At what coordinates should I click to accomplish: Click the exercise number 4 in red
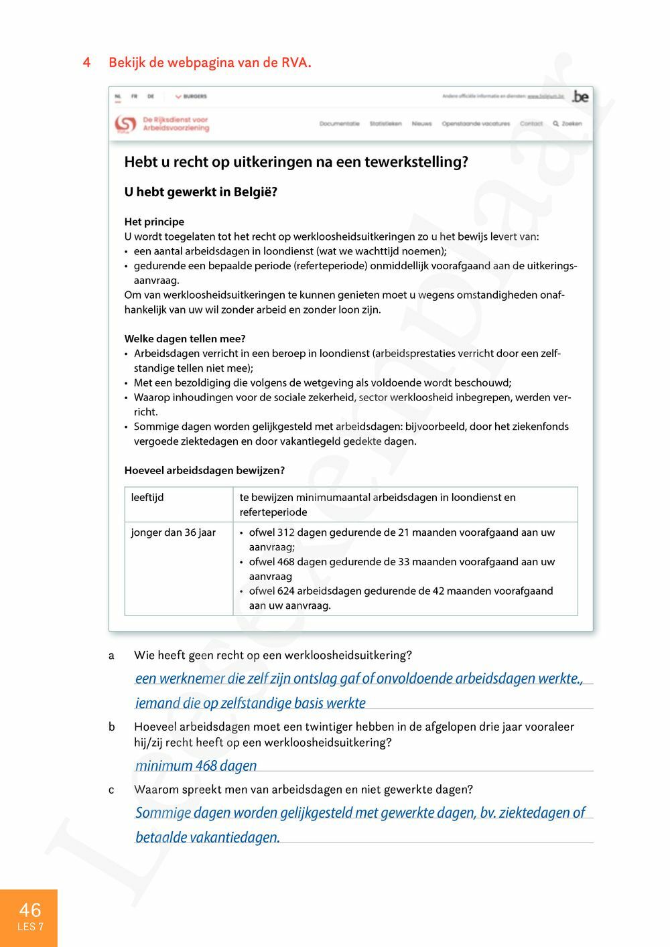coord(87,63)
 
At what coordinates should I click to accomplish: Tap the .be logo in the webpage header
coord(580,96)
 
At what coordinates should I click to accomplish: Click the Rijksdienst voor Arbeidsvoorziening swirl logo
coord(125,124)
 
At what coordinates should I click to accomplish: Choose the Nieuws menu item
coord(421,124)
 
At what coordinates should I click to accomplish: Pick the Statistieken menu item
coord(385,124)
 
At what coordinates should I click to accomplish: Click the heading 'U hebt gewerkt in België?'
coord(200,192)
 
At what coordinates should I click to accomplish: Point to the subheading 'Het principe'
coord(154,222)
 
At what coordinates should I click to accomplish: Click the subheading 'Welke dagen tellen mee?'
coord(185,339)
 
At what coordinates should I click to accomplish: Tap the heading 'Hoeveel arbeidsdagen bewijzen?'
coord(204,471)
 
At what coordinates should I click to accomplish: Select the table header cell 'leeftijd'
coord(147,498)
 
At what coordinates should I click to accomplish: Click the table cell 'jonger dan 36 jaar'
coord(174,532)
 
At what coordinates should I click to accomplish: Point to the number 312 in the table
coord(286,532)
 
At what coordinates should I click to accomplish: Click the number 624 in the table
coord(286,591)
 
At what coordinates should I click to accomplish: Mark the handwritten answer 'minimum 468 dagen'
coord(196,766)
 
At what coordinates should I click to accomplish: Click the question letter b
coord(111,727)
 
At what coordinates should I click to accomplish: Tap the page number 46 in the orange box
coord(29,909)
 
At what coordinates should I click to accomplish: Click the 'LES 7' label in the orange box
coord(30,927)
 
